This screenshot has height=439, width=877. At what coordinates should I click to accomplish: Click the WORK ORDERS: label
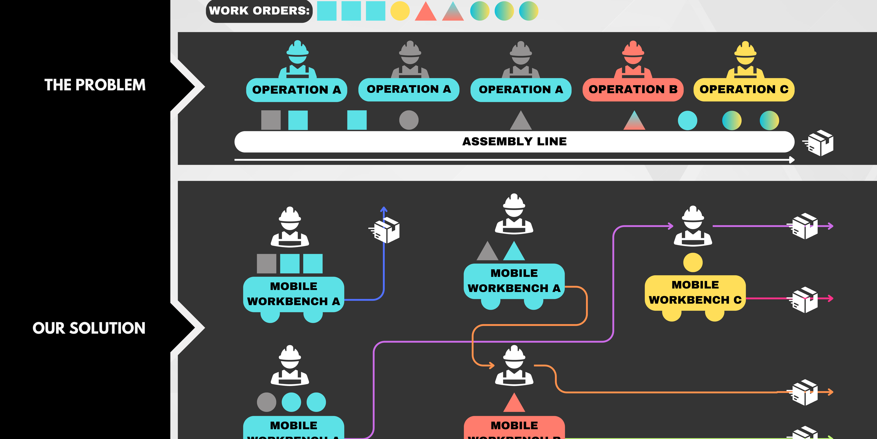point(259,11)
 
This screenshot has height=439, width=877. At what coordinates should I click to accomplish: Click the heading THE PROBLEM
point(95,85)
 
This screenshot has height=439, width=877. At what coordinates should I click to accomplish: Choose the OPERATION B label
point(633,90)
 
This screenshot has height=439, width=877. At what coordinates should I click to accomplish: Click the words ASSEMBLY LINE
point(514,141)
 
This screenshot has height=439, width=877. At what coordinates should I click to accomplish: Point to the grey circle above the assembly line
point(408,120)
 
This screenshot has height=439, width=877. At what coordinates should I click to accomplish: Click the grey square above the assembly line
point(271,120)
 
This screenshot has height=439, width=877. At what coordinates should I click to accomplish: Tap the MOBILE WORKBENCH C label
point(695,292)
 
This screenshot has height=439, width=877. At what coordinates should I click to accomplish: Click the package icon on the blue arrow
point(386,230)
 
